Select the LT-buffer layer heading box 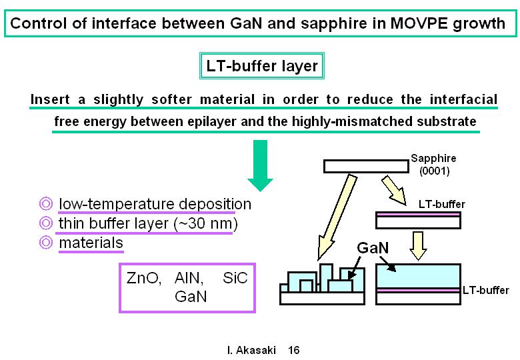[x=261, y=65]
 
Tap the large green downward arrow [x=260, y=165]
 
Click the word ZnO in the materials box [x=143, y=278]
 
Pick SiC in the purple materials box [x=235, y=278]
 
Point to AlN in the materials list [x=189, y=278]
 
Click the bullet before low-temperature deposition [x=46, y=203]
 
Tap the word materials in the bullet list [x=91, y=243]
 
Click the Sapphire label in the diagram [x=433, y=159]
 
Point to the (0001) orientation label [x=435, y=171]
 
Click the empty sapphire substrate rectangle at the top [x=366, y=167]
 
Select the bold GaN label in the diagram [x=373, y=247]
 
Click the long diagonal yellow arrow [x=336, y=218]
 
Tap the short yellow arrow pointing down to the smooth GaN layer [x=418, y=246]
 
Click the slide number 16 [x=294, y=350]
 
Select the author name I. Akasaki [x=252, y=350]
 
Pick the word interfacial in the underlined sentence [x=463, y=99]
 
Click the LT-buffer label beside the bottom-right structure [x=486, y=291]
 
